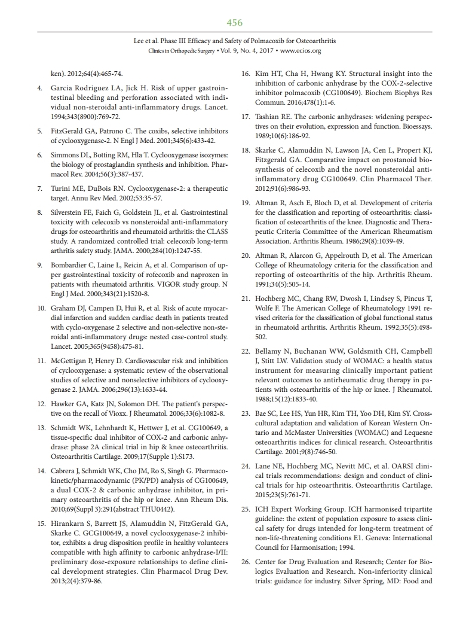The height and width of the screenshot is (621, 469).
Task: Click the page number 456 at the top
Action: tap(235, 23)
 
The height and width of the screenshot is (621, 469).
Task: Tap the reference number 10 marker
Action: tap(39, 309)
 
